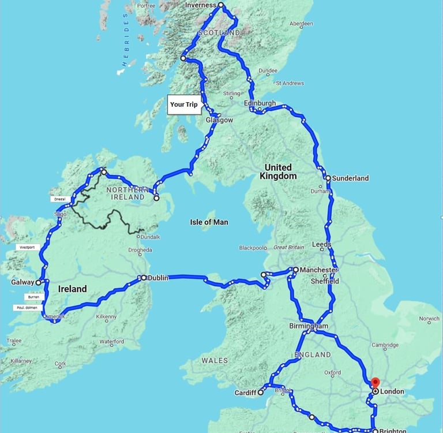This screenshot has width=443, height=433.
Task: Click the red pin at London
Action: pyautogui.click(x=375, y=383)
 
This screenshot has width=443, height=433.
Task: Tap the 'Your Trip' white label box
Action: pyautogui.click(x=184, y=104)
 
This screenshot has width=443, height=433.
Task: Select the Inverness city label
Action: pyautogui.click(x=200, y=5)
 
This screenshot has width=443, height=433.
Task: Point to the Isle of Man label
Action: pyautogui.click(x=209, y=222)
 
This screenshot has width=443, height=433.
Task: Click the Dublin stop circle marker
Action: pyautogui.click(x=144, y=278)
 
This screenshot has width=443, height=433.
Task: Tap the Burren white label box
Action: pyautogui.click(x=33, y=297)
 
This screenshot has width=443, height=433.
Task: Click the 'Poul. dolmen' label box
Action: pyautogui.click(x=28, y=308)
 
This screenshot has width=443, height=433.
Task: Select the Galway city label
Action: pyautogui.click(x=22, y=283)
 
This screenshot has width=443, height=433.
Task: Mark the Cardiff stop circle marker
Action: pyautogui.click(x=261, y=392)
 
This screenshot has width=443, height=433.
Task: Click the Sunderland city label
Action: pyautogui.click(x=350, y=178)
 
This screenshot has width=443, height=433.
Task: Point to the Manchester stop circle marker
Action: pyautogui.click(x=295, y=270)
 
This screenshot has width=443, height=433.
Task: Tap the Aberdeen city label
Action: pyautogui.click(x=301, y=24)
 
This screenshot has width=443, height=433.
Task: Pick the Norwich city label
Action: pyautogui.click(x=429, y=319)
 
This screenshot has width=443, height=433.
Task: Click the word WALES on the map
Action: pyautogui.click(x=215, y=360)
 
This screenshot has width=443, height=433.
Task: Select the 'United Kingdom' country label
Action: pyautogui.click(x=278, y=171)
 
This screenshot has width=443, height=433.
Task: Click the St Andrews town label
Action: pyautogui.click(x=290, y=83)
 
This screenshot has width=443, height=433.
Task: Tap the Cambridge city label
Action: pyautogui.click(x=385, y=345)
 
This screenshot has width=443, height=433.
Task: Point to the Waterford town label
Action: pyautogui.click(x=111, y=342)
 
